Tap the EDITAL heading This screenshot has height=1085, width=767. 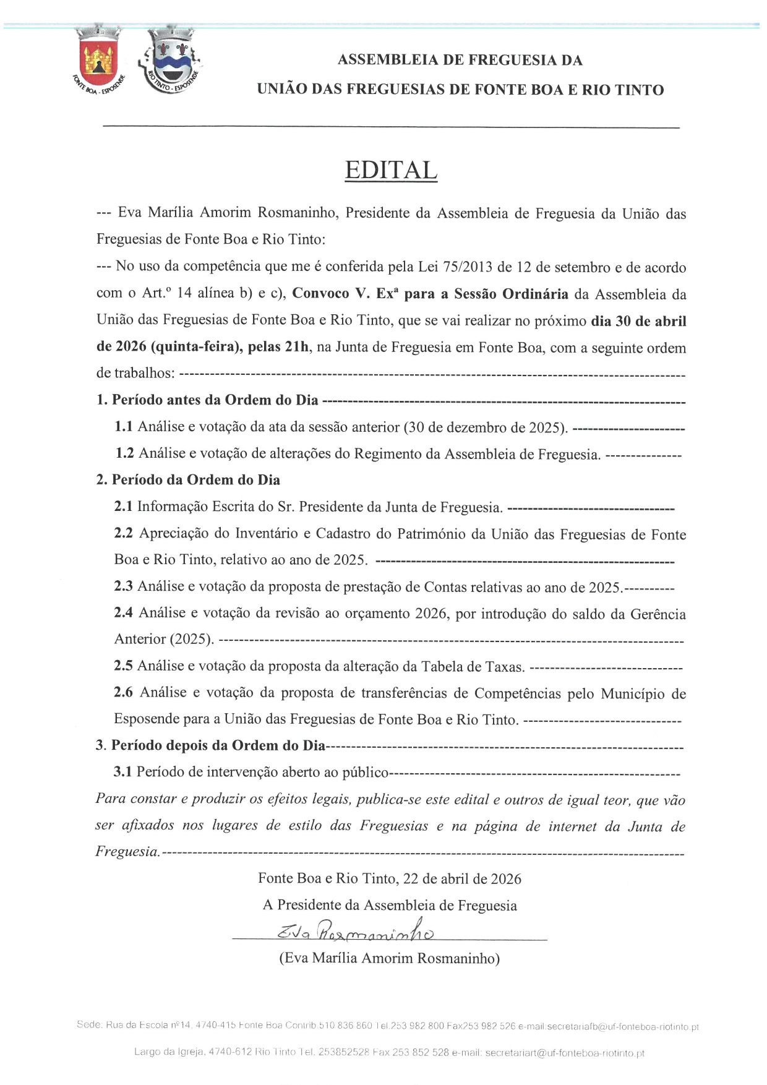pos(391,170)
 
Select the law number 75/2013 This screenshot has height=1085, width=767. pos(469,267)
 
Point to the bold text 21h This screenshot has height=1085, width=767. pos(296,347)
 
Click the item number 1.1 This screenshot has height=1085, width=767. pos(123,427)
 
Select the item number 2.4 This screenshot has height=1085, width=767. pos(123,613)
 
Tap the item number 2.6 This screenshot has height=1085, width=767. pos(123,693)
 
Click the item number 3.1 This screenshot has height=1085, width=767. pos(122,772)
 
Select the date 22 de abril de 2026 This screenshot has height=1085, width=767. pos(462,879)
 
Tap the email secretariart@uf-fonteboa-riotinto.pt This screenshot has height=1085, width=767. pos(565,1053)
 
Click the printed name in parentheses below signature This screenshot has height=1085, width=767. pos(390,959)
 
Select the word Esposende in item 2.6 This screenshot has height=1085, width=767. pos(145,719)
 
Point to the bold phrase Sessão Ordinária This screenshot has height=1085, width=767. pos(511,294)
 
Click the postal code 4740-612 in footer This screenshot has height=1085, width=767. pos(230,1053)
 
